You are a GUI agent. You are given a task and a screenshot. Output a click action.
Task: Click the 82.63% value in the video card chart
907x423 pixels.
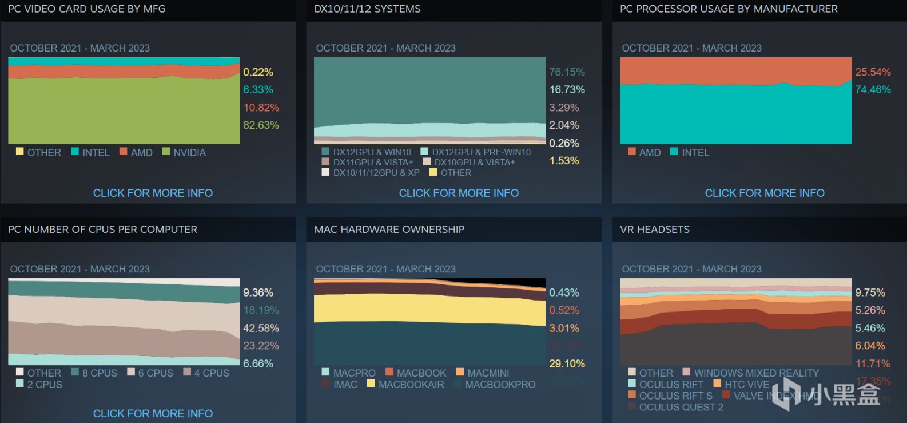261,125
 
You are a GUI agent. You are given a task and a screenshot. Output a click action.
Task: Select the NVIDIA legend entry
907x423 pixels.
189,153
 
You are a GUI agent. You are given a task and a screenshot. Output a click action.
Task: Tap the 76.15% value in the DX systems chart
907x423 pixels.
567,72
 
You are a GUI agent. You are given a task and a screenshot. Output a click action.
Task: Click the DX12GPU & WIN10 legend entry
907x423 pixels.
371,152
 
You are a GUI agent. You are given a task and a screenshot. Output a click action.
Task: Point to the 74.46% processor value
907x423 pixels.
873,90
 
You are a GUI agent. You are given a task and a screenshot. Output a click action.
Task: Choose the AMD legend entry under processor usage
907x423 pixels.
649,153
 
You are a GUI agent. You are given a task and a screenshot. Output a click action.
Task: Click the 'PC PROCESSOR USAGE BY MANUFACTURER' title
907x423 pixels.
729,9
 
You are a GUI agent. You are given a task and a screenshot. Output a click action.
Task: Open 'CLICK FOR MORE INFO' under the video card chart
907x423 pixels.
153,193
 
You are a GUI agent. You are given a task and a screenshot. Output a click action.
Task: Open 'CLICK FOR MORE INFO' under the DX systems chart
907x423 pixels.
459,193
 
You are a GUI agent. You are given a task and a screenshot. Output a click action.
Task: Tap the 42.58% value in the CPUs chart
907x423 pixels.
261,329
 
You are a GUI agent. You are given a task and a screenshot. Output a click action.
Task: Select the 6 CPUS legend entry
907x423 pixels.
155,373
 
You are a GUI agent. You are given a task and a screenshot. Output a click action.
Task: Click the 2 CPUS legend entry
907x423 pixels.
44,385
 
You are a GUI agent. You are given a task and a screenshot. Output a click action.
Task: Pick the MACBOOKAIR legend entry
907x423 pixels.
411,385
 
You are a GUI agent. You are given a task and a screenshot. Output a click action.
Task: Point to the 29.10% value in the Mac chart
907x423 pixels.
567,364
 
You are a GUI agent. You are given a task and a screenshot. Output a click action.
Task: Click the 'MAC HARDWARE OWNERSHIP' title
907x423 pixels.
389,230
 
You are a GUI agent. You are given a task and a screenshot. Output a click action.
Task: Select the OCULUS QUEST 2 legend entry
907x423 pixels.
681,408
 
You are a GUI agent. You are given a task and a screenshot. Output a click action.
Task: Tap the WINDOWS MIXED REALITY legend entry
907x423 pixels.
755,373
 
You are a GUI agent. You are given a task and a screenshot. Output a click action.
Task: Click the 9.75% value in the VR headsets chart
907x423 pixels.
870,293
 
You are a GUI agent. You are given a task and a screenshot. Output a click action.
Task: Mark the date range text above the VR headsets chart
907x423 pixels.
691,269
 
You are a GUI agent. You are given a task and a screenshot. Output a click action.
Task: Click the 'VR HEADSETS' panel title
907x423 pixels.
654,230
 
